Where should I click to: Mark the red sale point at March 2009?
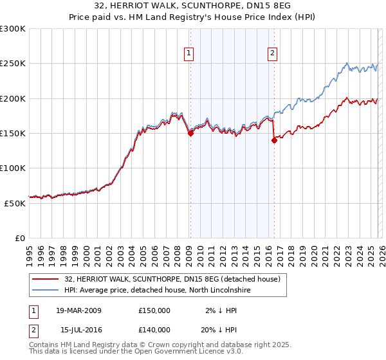190,134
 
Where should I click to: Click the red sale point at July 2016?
273,141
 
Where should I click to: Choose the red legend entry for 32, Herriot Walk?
172,280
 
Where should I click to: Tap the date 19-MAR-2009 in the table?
78,310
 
